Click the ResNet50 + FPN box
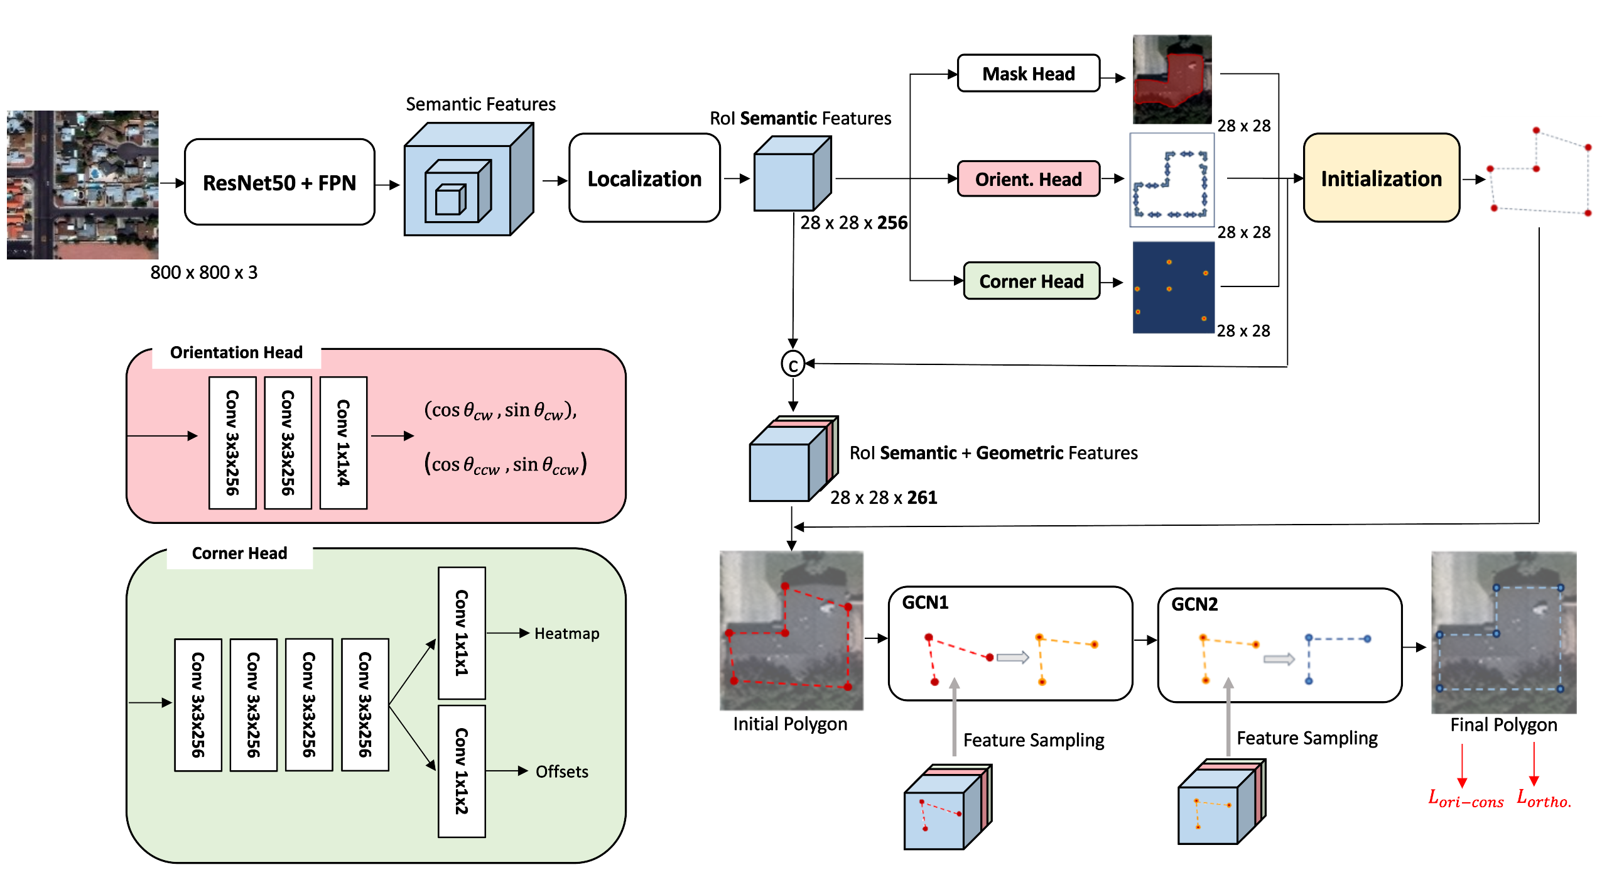click(x=279, y=182)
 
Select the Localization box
click(x=644, y=178)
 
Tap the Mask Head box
click(x=1028, y=74)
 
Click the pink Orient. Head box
click(x=1028, y=179)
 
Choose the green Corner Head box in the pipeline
click(x=1031, y=281)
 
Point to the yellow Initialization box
click(x=1381, y=178)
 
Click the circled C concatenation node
click(x=793, y=364)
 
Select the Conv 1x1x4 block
click(x=344, y=442)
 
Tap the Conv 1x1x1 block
click(x=462, y=632)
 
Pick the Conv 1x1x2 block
click(x=462, y=771)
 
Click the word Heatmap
click(x=566, y=633)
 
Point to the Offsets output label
click(x=561, y=771)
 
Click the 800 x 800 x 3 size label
click(x=203, y=273)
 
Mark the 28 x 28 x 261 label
click(x=883, y=498)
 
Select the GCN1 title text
click(x=925, y=602)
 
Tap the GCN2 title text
click(x=1194, y=604)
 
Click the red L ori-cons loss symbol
click(x=1465, y=799)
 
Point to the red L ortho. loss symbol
click(x=1544, y=798)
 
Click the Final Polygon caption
click(x=1503, y=725)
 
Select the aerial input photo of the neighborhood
click(x=82, y=185)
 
